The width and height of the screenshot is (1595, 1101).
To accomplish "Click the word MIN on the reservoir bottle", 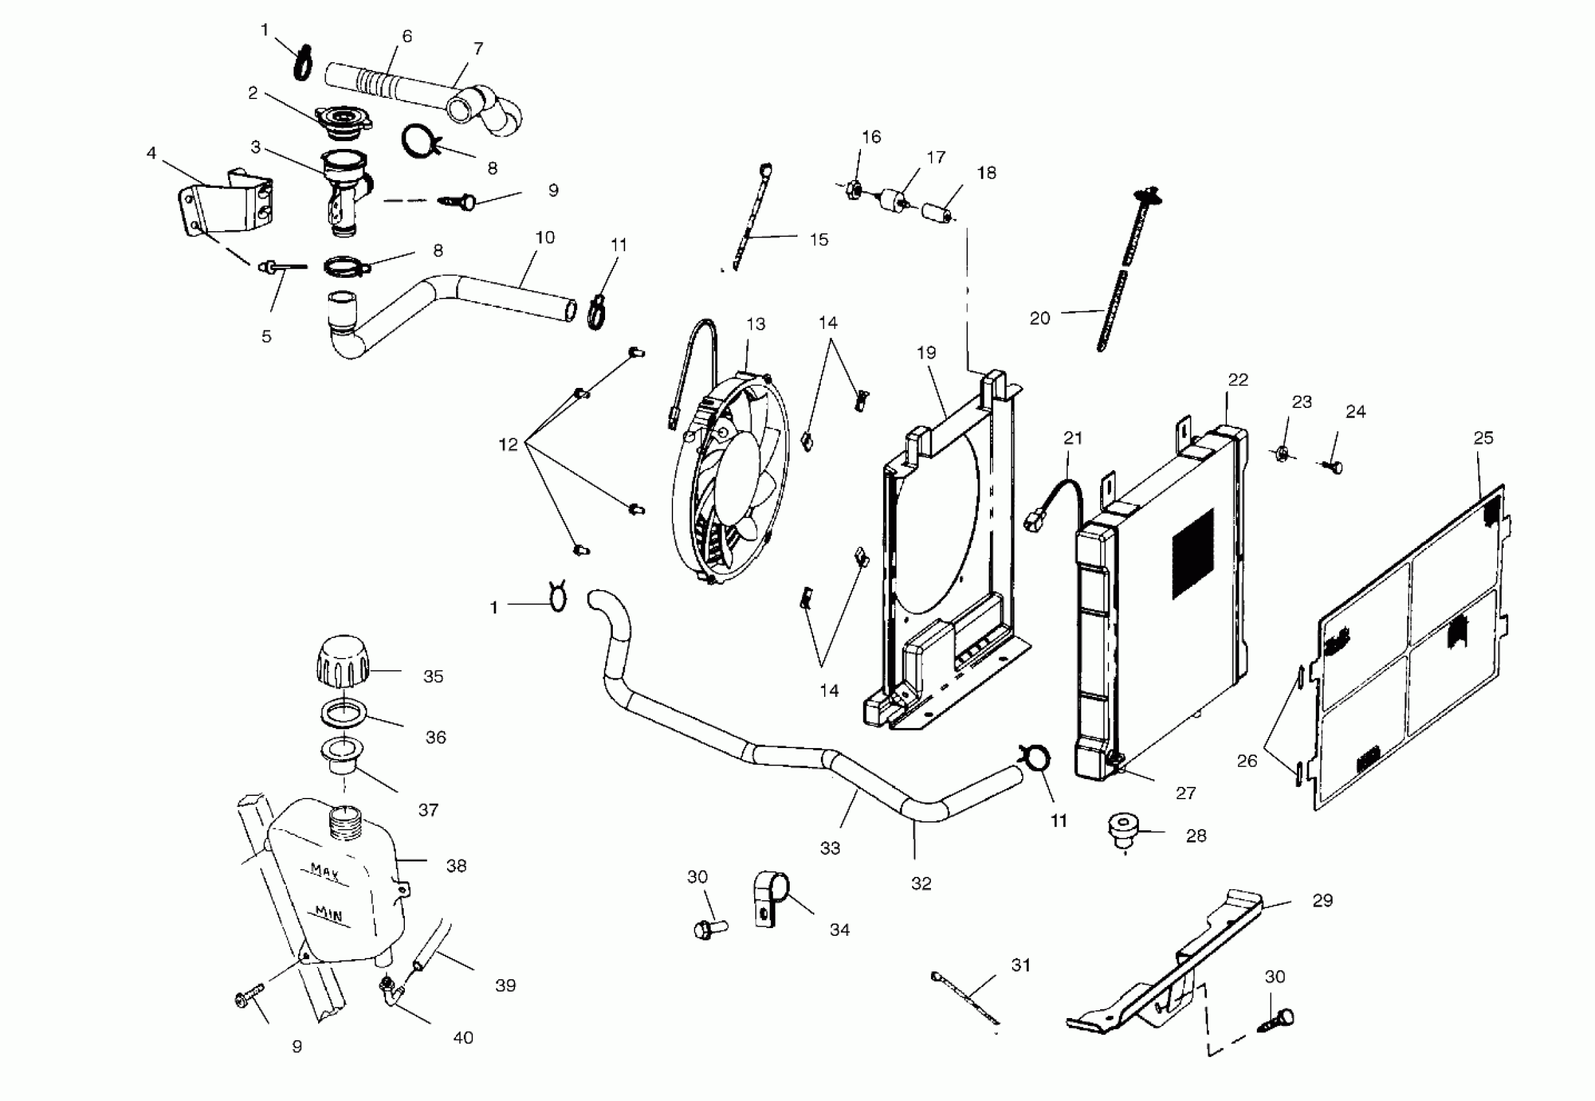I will pos(328,914).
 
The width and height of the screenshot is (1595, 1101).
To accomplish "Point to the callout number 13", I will pos(755,324).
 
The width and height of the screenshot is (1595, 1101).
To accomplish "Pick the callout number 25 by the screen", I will pos(1483,438).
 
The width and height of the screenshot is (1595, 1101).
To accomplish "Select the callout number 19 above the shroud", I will pos(926,353).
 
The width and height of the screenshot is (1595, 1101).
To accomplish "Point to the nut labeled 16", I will pos(853,188).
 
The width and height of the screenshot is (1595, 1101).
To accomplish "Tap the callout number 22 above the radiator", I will pos(1237,380).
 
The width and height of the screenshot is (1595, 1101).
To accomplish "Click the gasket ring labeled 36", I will pos(343,711).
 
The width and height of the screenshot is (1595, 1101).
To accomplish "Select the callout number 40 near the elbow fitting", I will pos(463,1038).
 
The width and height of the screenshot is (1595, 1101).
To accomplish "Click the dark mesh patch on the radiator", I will pos(1193,554).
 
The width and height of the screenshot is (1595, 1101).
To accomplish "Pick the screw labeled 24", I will pos(1333,468).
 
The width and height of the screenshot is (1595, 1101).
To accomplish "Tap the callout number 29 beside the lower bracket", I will pos(1322,900).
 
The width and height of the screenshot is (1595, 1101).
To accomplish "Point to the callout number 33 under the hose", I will pos(830,848).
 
